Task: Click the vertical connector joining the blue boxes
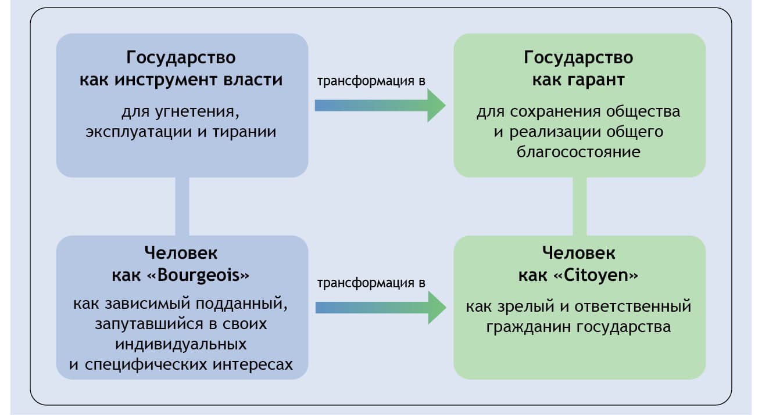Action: [x=183, y=206]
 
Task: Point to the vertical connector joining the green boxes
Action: [x=579, y=206]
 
